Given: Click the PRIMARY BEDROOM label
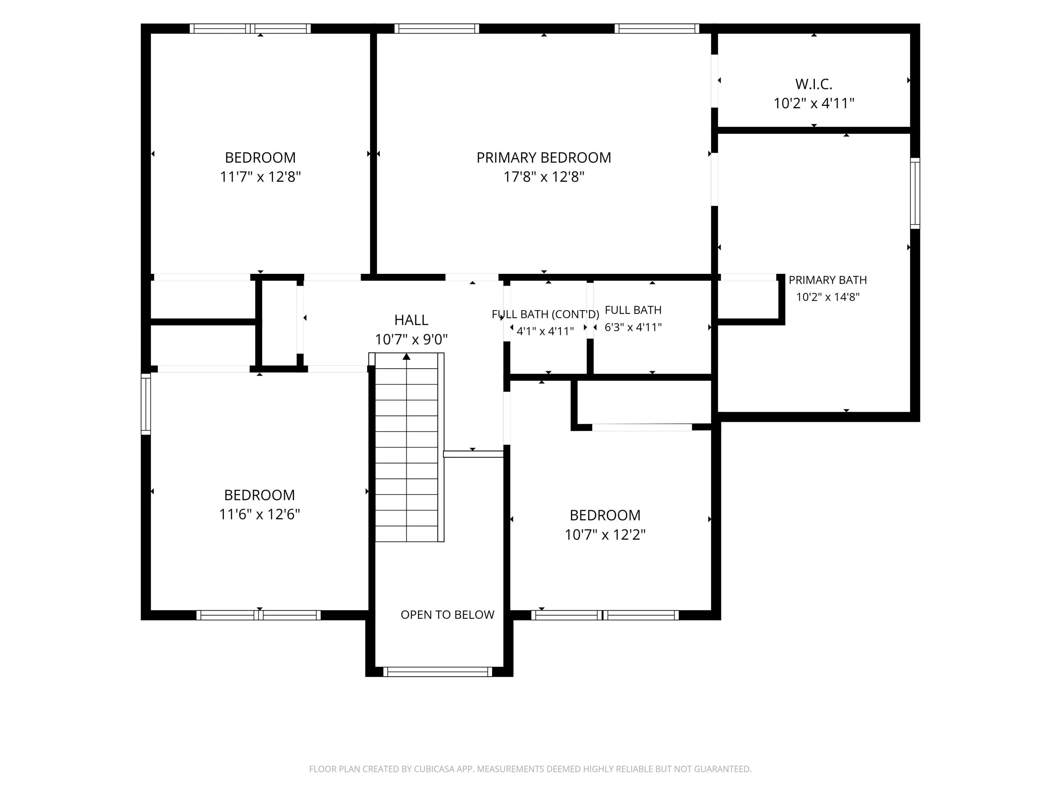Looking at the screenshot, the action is point(544,157).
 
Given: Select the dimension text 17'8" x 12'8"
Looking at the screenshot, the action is point(544,177).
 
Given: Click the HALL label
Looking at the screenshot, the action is point(411,320).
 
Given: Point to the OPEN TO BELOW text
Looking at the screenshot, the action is point(447,615).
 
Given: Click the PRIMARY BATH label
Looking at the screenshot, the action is point(828,280).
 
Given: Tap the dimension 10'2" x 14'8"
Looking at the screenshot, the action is point(828,297).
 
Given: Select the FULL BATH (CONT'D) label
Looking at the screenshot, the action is point(545,314).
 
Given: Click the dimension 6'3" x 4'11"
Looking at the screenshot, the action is point(633,327).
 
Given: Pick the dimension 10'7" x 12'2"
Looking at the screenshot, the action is point(605,535).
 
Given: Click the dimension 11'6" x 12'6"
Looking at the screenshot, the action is point(260,514).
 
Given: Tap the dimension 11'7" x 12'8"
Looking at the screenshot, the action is point(260,177).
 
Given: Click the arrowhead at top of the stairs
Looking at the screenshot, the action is point(406,357).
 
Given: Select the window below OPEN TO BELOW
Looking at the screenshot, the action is point(438,672).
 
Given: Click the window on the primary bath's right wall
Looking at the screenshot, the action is point(915,194).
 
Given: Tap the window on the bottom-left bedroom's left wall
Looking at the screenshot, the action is point(146,404).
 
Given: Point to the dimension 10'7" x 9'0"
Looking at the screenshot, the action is point(411,340).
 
